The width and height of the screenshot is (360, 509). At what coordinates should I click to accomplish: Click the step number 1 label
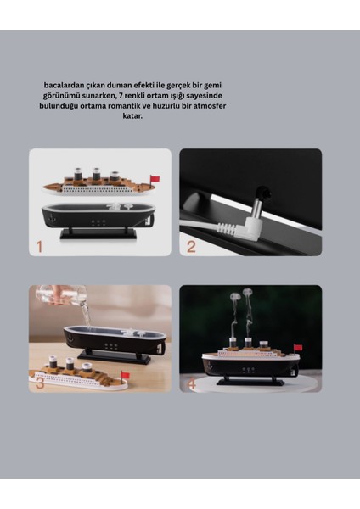coord(38,248)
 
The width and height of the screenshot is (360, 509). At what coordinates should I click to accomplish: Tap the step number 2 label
coord(191,247)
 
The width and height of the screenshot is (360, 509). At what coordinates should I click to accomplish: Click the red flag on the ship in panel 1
coord(155,179)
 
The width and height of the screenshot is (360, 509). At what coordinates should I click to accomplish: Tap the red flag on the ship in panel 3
coord(126,374)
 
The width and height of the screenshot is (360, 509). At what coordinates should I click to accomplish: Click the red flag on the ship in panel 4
coord(298,347)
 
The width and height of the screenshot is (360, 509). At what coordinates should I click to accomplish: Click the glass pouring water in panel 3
coord(64,297)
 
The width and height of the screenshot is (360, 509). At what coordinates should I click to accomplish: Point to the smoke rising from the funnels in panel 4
coord(241,310)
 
